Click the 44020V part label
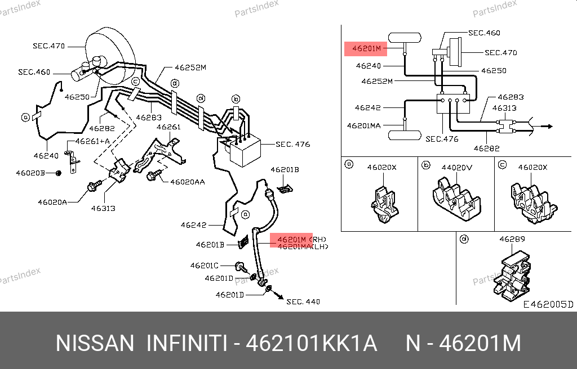point(456,167)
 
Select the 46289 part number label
point(512,239)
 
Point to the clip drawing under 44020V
point(456,199)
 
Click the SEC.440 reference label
point(303,301)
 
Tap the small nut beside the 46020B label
point(59,173)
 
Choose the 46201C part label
point(204,265)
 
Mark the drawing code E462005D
point(548,304)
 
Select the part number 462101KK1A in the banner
point(312,343)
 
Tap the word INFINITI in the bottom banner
point(187,343)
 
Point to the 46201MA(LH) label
point(303,246)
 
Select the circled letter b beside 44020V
point(427,165)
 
